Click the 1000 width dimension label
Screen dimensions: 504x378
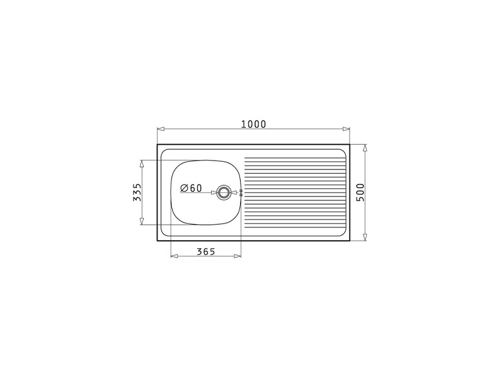pyautogui.click(x=254, y=124)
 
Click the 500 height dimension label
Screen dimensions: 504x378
pyautogui.click(x=360, y=192)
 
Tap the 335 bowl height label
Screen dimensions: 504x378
pyautogui.click(x=137, y=192)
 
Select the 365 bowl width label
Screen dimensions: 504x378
pyautogui.click(x=206, y=251)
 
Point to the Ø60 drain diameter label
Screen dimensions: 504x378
pyautogui.click(x=192, y=188)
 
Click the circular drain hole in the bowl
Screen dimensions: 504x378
pyautogui.click(x=224, y=193)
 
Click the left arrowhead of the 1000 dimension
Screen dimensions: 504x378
pyautogui.click(x=161, y=129)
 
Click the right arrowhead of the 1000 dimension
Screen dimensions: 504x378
pyautogui.click(x=346, y=129)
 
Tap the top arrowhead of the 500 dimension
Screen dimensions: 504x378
pyautogui.click(x=365, y=148)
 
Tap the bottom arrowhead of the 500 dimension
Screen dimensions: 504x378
pyautogui.click(x=365, y=238)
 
